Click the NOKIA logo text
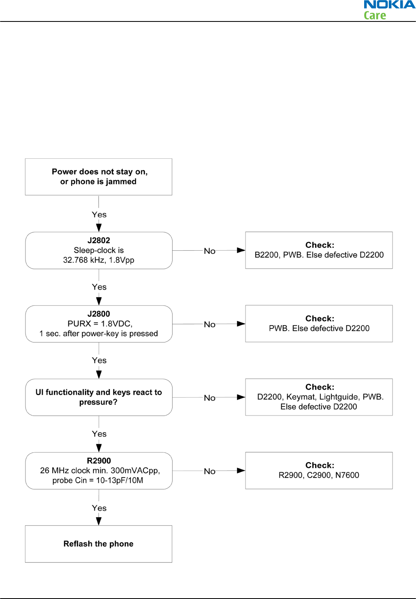(390, 4)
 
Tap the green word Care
(375, 15)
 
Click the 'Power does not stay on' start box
(98, 177)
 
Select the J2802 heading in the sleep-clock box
(99, 241)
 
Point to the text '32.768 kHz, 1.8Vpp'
(99, 260)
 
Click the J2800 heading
(99, 313)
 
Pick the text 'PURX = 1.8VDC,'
(100, 324)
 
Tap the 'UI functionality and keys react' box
(99, 397)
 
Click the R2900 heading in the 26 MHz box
(99, 460)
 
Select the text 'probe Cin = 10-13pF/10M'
(98, 480)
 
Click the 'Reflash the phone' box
(98, 544)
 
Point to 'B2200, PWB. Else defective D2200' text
(319, 255)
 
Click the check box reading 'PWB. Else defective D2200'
(319, 324)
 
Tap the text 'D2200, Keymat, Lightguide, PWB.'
(320, 397)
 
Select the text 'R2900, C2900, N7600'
(319, 475)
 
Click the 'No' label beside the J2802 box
(209, 251)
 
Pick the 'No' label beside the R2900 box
(209, 471)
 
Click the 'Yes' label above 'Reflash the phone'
(99, 508)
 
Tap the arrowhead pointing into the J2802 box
(99, 228)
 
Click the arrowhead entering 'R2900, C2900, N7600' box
(241, 470)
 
